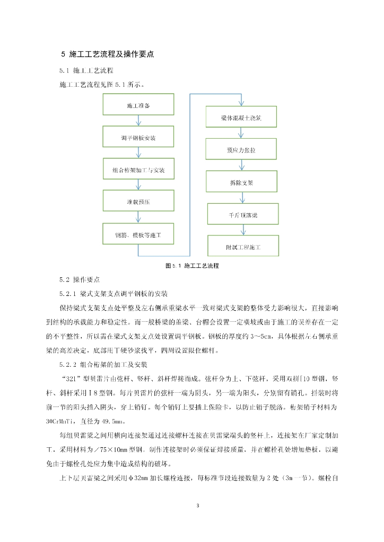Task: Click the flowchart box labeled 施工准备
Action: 138,105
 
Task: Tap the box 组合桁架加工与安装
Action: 138,170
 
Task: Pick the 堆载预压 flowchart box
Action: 138,202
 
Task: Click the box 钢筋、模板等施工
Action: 138,233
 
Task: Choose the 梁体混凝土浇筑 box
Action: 241,118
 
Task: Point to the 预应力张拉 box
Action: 241,150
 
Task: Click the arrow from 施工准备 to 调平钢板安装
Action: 138,121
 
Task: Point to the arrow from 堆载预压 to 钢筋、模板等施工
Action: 138,218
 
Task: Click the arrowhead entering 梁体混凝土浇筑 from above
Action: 241,104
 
